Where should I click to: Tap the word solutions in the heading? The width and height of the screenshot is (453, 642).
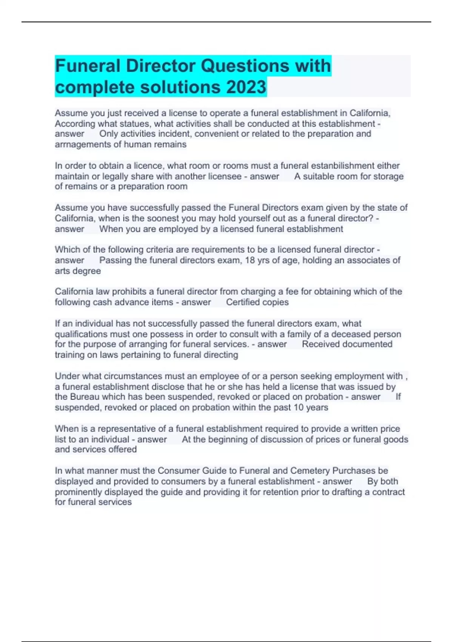[x=180, y=87]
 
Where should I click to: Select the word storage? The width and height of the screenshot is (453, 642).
[x=388, y=176]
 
